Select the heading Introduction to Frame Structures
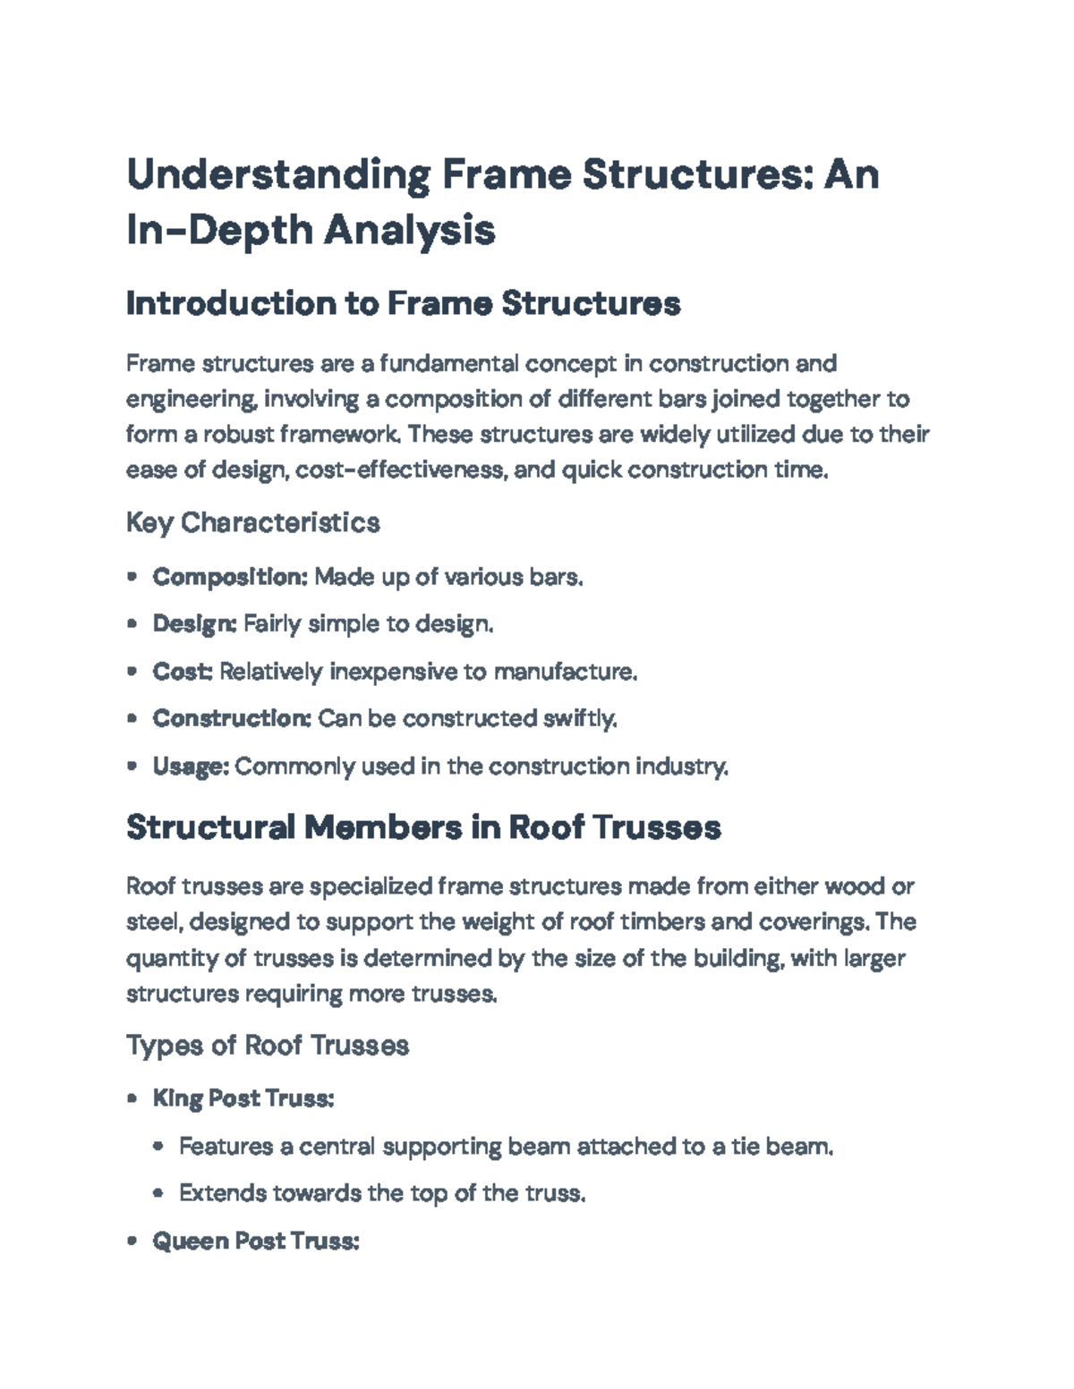(403, 304)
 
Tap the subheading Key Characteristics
(253, 522)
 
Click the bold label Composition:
(230, 577)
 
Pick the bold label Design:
(194, 623)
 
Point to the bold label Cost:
(183, 671)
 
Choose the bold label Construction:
(231, 718)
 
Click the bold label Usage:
(192, 766)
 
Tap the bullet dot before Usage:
(132, 766)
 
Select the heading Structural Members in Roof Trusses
(423, 827)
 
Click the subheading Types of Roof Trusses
(268, 1045)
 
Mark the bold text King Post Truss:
(243, 1098)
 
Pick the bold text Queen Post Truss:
(255, 1241)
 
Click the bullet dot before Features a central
(158, 1146)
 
